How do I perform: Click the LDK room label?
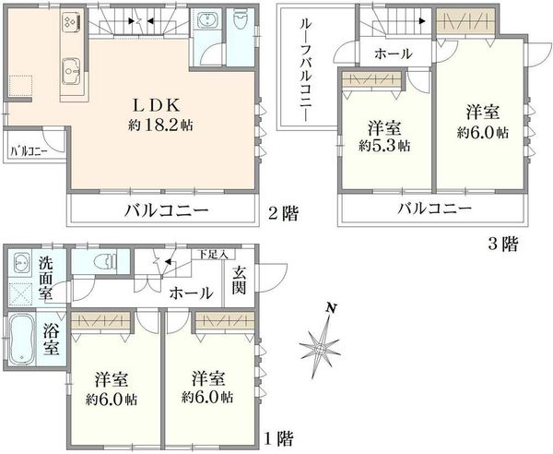coord(157,104)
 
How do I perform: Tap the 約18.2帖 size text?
coord(160,125)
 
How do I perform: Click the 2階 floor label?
coord(283,213)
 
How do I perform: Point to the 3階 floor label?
coord(503,244)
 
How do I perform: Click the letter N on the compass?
coord(331,308)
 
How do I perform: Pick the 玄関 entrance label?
coord(239,281)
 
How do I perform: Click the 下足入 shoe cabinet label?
coord(212,254)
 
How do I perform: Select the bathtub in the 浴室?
coord(21,340)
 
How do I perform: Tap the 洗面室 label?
coord(45,278)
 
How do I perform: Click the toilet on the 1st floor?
coord(105,261)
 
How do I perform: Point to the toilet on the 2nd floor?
coord(241,21)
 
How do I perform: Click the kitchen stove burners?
coord(70,21)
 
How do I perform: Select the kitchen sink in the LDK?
coord(72,71)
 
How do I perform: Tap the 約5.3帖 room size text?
coord(384,146)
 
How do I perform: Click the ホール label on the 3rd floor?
coord(394,54)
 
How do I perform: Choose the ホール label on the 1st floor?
coord(192,293)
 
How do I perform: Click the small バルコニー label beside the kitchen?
coord(29,152)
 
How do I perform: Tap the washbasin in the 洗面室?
coord(20,263)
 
